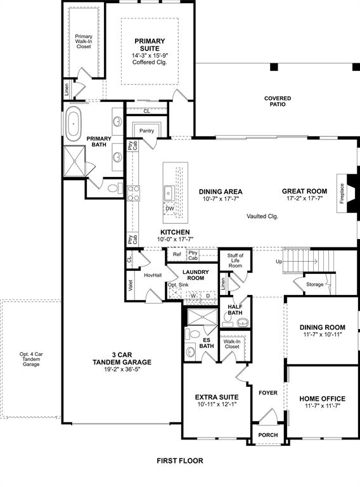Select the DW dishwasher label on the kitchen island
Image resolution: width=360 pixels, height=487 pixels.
tap(169, 208)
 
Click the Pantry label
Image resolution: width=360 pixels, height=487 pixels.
tap(147, 131)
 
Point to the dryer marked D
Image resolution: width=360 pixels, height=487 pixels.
tap(208, 295)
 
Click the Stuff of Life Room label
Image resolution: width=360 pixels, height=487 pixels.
tap(235, 260)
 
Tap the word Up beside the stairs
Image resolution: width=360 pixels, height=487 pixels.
tap(279, 261)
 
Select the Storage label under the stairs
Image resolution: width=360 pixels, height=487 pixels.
tap(314, 284)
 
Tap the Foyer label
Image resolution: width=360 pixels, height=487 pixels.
tap(268, 393)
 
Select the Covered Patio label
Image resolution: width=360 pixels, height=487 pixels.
tap(278, 101)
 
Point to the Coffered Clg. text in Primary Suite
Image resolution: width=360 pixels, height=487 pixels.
tap(150, 62)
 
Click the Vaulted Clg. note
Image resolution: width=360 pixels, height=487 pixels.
tap(262, 216)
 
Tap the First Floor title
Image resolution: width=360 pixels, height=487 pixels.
tap(180, 461)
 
